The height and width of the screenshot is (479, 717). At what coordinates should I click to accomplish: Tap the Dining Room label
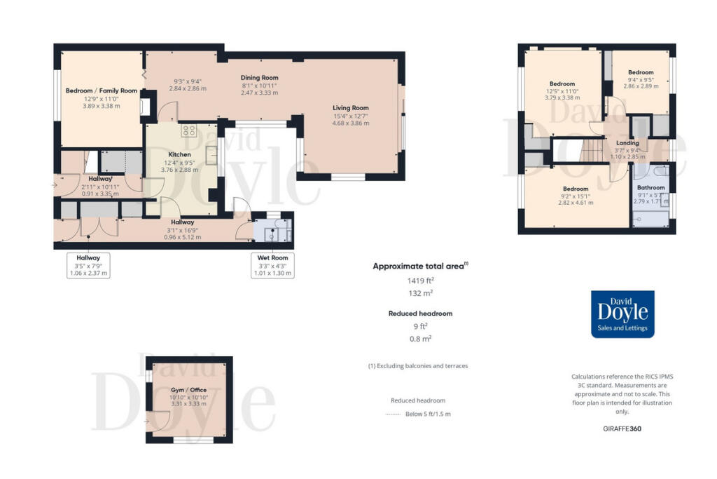[x=259, y=78]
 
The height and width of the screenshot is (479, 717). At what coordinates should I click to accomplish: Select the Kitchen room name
[x=180, y=154]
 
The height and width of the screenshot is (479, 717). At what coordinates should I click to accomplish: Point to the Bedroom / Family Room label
[x=102, y=90]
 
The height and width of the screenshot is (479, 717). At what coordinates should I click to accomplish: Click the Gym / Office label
[x=188, y=390]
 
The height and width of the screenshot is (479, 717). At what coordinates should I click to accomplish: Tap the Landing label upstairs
[x=627, y=143]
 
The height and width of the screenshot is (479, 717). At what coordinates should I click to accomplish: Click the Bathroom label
[x=650, y=187]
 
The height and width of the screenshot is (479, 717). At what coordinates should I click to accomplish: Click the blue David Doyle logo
[x=622, y=314]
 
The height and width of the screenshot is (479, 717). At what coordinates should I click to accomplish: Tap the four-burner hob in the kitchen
[x=189, y=130]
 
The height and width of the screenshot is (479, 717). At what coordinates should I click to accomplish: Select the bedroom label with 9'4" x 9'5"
[x=640, y=72]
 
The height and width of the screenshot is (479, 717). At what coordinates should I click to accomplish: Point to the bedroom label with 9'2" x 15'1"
[x=577, y=189]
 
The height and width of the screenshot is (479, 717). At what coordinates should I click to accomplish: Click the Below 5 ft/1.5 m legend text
[x=428, y=414]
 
